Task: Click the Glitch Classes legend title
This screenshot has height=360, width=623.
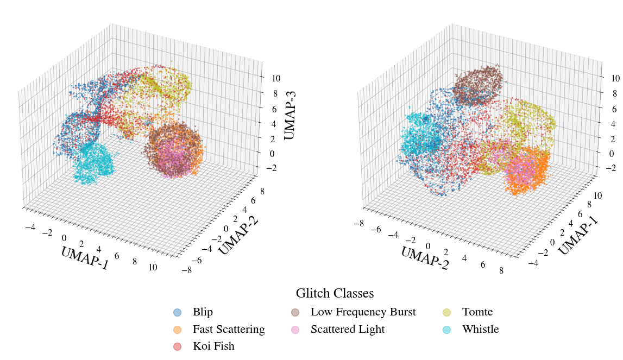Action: tap(335, 293)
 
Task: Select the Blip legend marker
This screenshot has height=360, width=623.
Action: tap(177, 312)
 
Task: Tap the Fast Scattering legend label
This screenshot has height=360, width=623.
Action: tap(229, 330)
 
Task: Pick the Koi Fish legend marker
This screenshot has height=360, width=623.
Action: tap(177, 346)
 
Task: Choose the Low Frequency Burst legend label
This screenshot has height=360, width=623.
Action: tap(363, 312)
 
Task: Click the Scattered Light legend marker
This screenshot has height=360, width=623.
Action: tap(295, 330)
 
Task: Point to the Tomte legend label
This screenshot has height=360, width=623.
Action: tap(477, 312)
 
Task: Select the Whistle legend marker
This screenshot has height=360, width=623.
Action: tap(446, 330)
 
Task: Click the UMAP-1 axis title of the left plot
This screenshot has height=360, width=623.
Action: tap(85, 258)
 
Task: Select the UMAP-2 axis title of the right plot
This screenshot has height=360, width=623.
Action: tap(425, 258)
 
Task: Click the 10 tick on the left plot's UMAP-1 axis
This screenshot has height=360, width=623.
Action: tap(153, 267)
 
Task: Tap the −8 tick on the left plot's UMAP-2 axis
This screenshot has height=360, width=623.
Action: tap(186, 270)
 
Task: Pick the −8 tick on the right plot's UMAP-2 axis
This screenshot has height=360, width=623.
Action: tap(359, 224)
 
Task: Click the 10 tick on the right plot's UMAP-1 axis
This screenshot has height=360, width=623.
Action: tap(597, 195)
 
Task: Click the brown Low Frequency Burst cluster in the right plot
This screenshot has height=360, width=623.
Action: tap(477, 85)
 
